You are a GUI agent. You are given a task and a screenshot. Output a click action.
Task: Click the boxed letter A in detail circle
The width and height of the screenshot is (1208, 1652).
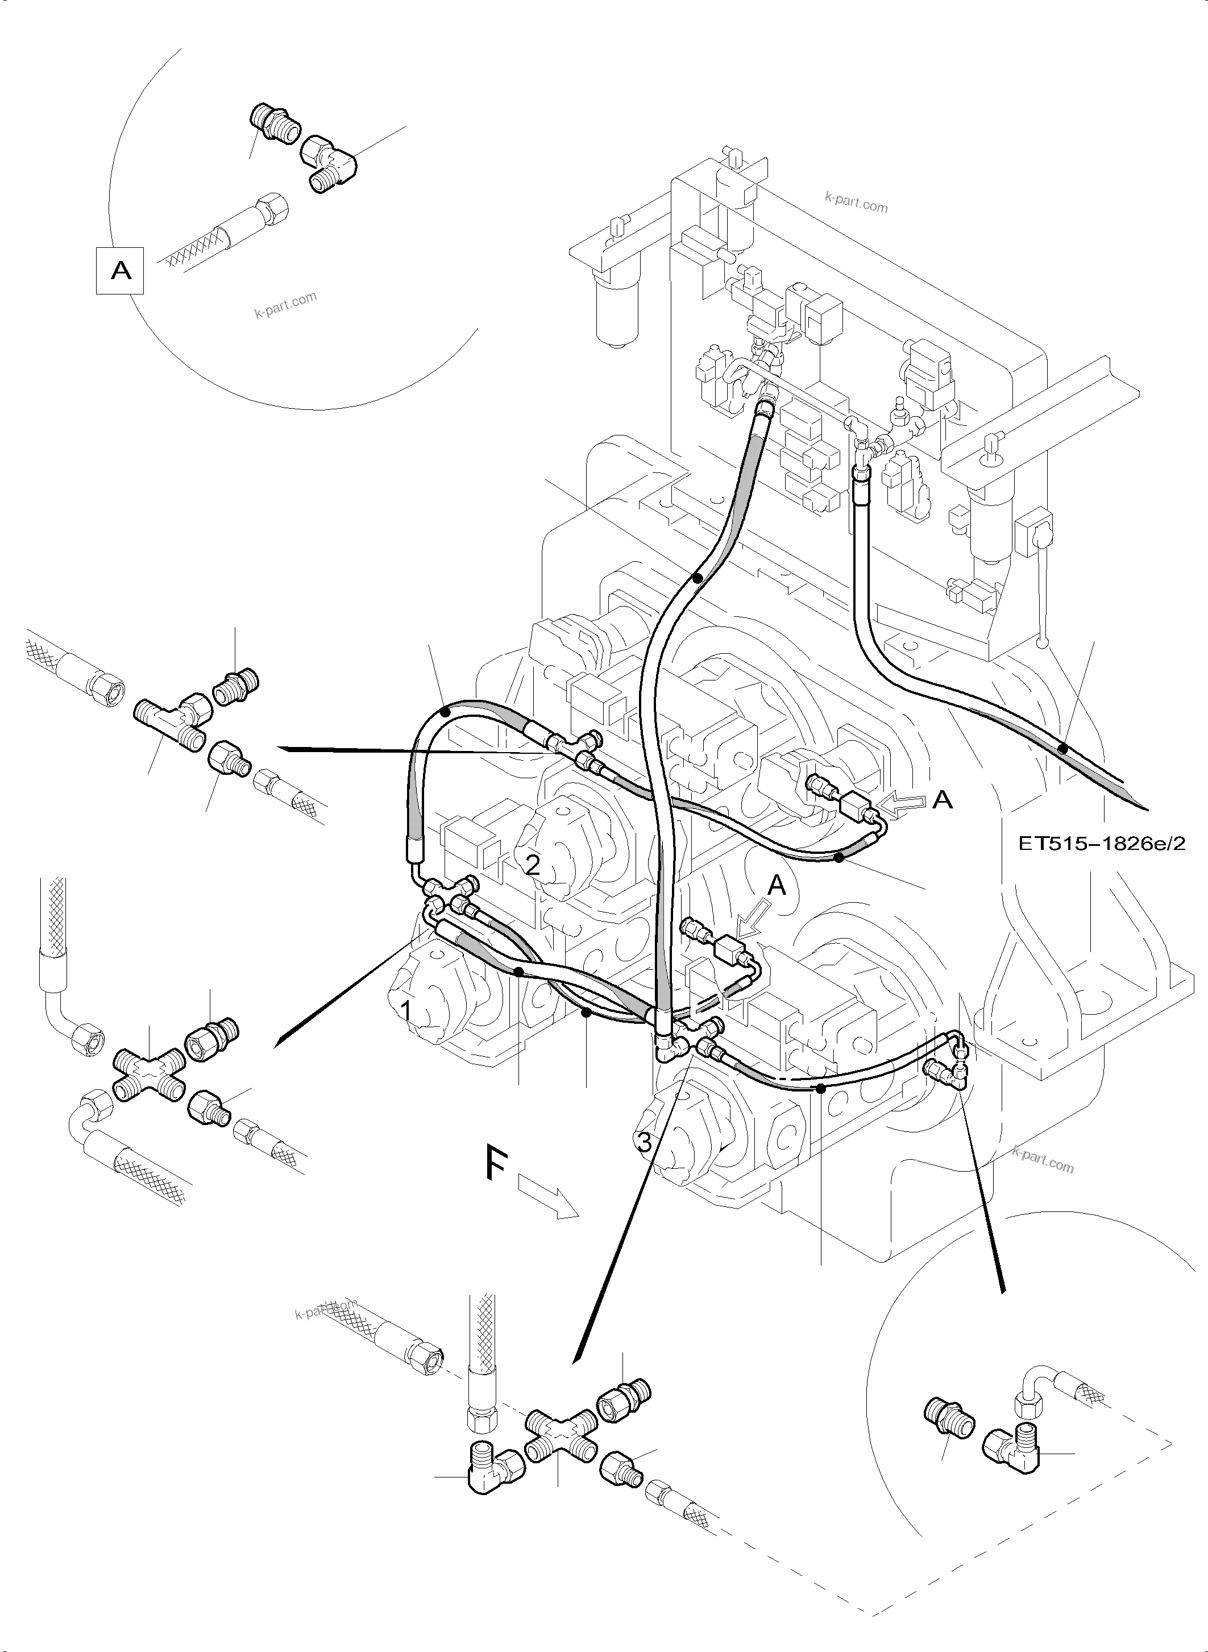[x=121, y=271]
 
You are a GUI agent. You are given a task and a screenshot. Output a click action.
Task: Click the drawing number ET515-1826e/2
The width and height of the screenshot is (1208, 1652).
[x=1102, y=843]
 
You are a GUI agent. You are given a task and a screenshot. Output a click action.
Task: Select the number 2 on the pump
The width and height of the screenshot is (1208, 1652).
[x=533, y=866]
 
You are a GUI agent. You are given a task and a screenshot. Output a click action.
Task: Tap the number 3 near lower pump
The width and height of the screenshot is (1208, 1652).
[x=644, y=1142]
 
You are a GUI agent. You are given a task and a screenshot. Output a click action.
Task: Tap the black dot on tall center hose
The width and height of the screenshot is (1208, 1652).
[x=698, y=578]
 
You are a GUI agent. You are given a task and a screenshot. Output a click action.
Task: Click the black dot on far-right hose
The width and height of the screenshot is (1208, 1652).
[x=1063, y=749]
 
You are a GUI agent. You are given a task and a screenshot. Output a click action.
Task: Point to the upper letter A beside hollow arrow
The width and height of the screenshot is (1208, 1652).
[x=943, y=800]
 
